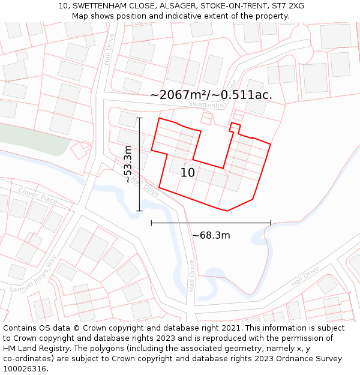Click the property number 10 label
coord(188,173)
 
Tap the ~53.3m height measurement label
coord(128,164)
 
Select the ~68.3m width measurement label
coord(211,236)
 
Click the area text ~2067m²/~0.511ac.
coord(211,95)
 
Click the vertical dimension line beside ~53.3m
coord(140,164)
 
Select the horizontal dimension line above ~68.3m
coord(211,223)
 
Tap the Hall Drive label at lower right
coord(305,277)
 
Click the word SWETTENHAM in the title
coord(100,6)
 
